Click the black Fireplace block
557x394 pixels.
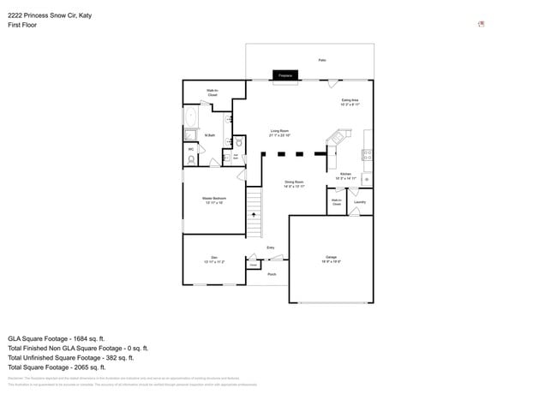coord(284,75)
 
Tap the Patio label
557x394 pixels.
coord(322,60)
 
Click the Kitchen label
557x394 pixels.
coord(345,176)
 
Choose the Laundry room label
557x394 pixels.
coord(360,202)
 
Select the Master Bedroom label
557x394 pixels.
coord(214,200)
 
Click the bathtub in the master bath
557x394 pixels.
coord(190,116)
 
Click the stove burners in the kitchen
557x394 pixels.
coord(367,155)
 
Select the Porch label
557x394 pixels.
coord(272,274)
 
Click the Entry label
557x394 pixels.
coord(271,248)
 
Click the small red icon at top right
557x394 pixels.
coord(481,24)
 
